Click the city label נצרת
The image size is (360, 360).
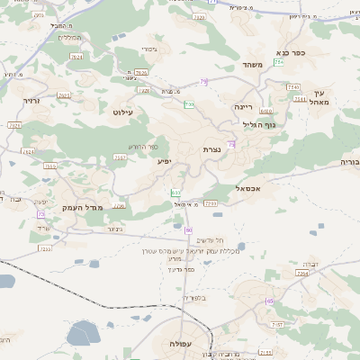point(211,149)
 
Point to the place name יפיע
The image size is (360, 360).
point(164,162)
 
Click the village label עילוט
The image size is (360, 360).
point(122,112)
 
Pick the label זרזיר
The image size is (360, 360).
point(32,102)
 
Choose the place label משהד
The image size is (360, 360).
point(251,65)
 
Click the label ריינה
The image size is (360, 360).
point(245,106)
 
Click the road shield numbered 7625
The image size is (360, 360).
point(63,94)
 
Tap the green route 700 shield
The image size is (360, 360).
point(190,105)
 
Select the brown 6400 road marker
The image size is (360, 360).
point(266,111)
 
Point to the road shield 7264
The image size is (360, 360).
point(302,272)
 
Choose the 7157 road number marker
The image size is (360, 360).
point(277,323)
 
